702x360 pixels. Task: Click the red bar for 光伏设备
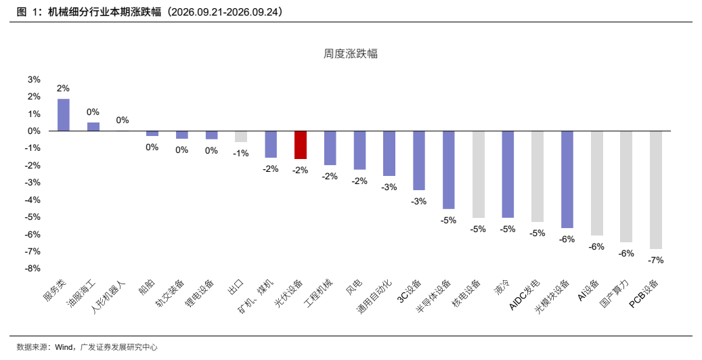(x=301, y=145)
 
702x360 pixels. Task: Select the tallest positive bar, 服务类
(x=64, y=115)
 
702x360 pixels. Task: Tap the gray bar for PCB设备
(x=656, y=190)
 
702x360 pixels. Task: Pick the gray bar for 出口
(x=241, y=137)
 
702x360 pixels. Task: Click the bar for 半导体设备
(x=449, y=170)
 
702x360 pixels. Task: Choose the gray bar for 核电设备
(x=478, y=175)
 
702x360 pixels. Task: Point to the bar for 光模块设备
(x=567, y=179)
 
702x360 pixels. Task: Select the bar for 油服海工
(x=93, y=127)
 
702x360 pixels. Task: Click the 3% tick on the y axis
(x=34, y=80)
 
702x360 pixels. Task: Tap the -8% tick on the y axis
(x=32, y=268)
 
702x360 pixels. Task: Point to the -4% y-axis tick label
(x=32, y=200)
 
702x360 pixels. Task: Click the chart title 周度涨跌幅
(x=351, y=53)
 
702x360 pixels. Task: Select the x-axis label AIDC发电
(x=525, y=294)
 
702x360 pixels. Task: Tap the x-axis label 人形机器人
(x=109, y=296)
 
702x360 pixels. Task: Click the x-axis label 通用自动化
(x=375, y=296)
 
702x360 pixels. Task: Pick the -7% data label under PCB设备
(x=656, y=260)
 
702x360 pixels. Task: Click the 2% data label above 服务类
(x=63, y=89)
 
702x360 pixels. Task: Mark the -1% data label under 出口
(x=241, y=153)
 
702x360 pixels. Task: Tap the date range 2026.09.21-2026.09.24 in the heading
(x=225, y=12)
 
